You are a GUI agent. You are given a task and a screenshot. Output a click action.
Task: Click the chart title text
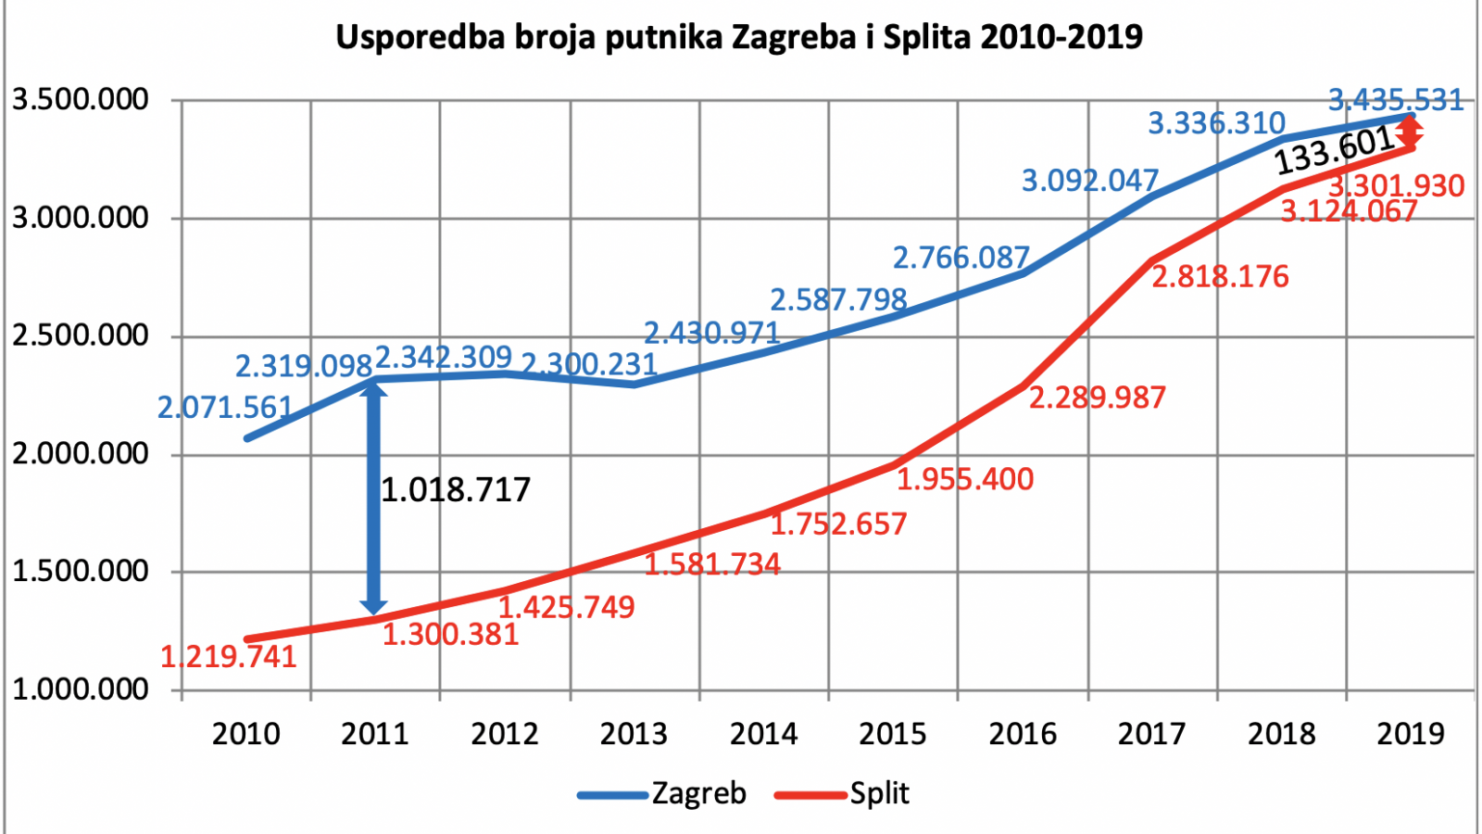coord(739,37)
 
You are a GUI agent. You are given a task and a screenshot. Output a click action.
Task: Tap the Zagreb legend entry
coord(662,793)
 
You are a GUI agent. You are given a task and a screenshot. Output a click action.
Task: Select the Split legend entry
coord(842,793)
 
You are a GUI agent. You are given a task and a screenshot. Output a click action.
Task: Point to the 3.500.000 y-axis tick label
coord(80,100)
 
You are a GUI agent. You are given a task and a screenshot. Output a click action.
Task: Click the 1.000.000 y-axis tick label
coord(80,689)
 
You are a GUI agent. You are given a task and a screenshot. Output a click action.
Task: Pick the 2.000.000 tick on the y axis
coord(80,454)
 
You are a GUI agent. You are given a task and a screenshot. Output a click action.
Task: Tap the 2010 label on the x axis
coord(245,734)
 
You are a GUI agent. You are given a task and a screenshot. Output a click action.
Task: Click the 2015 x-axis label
coord(893,734)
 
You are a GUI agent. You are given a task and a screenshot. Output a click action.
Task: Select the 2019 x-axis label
coord(1412,734)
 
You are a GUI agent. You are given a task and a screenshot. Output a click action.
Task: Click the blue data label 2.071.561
coord(225,407)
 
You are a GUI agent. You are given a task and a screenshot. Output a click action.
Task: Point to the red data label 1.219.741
coord(229,657)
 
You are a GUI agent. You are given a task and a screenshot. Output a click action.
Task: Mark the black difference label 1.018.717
coord(456,490)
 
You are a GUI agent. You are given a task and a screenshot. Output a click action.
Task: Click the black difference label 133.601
coord(1335,151)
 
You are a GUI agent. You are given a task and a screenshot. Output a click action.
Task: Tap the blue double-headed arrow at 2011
coord(374,499)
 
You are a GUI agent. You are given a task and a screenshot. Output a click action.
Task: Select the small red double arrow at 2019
coord(1410,132)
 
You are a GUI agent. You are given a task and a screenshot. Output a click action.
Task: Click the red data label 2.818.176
coord(1221,277)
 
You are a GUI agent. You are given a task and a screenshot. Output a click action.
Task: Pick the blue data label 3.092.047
coord(1090,180)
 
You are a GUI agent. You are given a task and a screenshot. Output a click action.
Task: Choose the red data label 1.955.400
coord(965,479)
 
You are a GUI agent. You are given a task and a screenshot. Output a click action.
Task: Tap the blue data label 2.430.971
coord(712,333)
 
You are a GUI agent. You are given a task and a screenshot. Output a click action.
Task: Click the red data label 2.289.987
coord(1098,398)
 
